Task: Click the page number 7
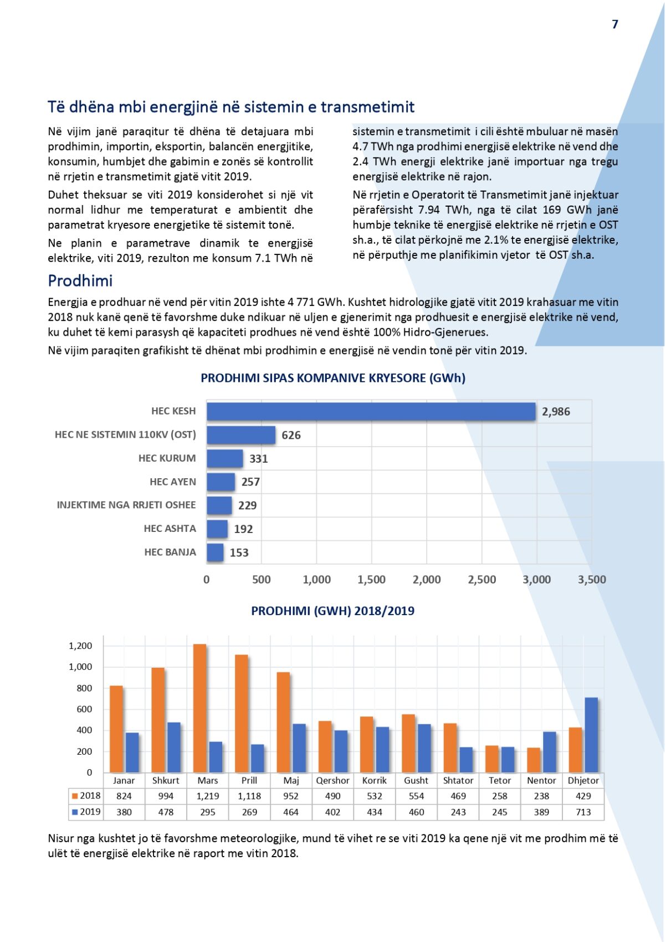point(614,24)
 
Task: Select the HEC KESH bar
point(371,412)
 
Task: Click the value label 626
point(291,436)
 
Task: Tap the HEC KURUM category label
point(167,458)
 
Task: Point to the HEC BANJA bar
point(215,552)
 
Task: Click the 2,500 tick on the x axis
point(481,580)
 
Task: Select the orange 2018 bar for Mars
point(199,708)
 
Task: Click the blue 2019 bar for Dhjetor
point(591,735)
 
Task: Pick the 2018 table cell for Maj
point(291,796)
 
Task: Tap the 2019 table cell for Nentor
point(541,812)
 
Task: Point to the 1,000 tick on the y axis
point(80,667)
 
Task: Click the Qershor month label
point(332,781)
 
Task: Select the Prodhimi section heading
point(80,281)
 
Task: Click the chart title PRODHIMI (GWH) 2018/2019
point(332,611)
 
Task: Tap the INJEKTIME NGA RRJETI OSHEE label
point(126,505)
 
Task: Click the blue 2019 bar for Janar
point(132,752)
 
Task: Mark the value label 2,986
point(556,412)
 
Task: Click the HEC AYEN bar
point(221,482)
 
